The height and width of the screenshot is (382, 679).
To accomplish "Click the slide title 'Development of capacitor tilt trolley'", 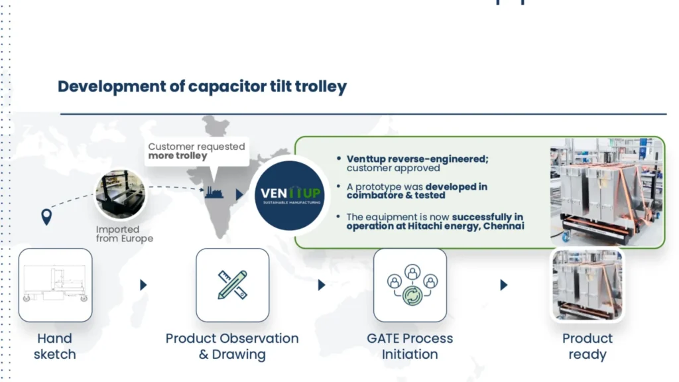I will point(202,87).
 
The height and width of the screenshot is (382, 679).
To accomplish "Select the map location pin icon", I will point(46,217).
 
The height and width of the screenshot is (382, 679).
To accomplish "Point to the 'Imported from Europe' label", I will point(124,234).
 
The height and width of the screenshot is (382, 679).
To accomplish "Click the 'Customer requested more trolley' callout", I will point(196,151).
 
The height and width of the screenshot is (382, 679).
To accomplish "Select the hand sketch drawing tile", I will point(55,285).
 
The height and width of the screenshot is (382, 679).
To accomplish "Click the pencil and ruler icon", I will point(232,285).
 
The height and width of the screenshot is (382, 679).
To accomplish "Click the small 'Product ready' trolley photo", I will point(587,285).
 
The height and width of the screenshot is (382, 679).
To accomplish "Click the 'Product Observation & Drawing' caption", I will point(232,346).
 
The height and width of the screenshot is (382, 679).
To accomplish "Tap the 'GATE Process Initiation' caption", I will point(410,346).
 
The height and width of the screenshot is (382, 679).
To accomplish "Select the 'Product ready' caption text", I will point(587,346).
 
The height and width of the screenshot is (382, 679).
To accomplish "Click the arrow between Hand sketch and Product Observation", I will point(143,285).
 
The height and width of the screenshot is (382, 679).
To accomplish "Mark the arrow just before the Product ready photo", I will point(503,285).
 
